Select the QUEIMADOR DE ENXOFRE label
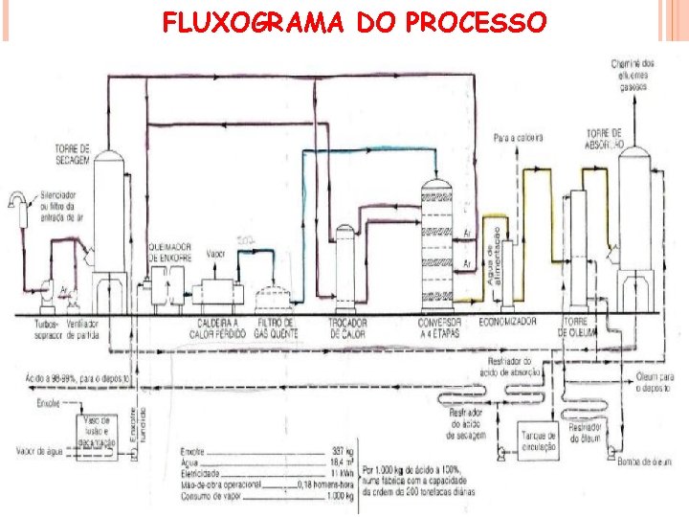pyautogui.click(x=169, y=252)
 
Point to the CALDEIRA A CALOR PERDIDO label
pyautogui.click(x=217, y=328)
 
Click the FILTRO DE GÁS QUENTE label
pyautogui.click(x=275, y=328)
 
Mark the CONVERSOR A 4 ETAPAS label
pyautogui.click(x=440, y=328)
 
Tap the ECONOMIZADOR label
pyautogui.click(x=507, y=323)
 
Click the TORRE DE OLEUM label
pyautogui.click(x=577, y=328)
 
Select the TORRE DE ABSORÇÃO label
pyautogui.click(x=605, y=139)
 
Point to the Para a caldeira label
pyautogui.click(x=518, y=138)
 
